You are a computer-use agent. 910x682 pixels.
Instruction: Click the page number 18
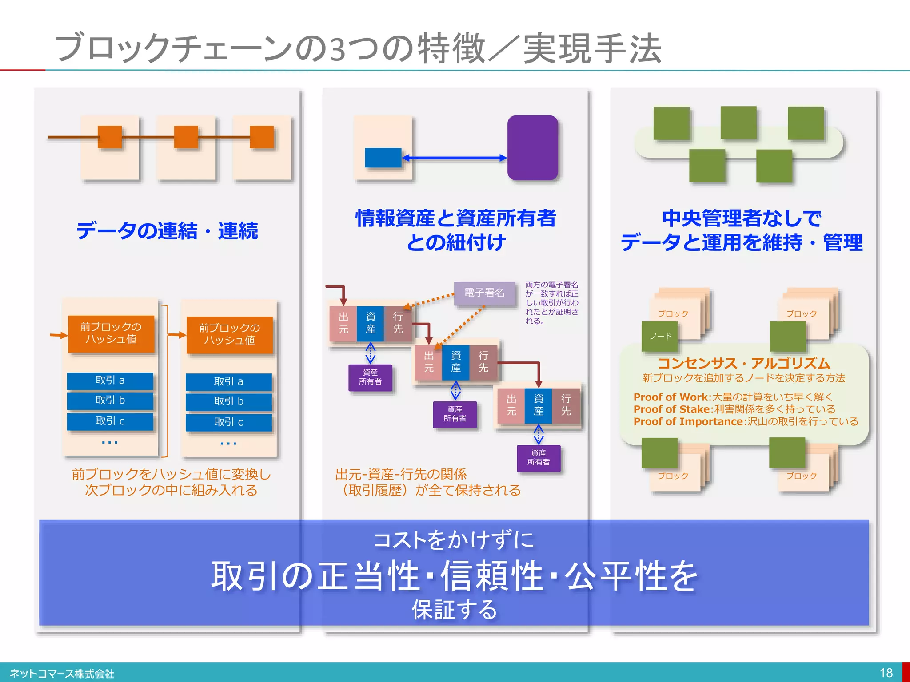pos(886,673)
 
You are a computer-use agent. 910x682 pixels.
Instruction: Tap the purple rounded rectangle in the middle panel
pos(532,148)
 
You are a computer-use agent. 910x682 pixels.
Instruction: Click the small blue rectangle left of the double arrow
pos(383,158)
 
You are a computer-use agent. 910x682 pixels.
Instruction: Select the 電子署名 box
pos(484,293)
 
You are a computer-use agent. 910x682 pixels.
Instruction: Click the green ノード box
pos(660,336)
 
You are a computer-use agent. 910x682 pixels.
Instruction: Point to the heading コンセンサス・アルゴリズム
pos(743,363)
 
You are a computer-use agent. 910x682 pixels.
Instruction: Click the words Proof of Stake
pos(671,409)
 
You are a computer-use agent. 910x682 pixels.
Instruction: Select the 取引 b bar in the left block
pos(110,400)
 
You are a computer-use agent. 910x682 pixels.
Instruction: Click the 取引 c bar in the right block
pos(228,422)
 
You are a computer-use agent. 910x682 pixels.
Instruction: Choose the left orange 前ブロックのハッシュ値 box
pos(111,333)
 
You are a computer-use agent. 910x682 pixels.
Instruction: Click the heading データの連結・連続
pos(167,231)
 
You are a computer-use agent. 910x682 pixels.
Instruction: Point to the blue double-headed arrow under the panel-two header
pos(454,158)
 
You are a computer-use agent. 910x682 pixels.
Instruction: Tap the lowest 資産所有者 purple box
pos(538,458)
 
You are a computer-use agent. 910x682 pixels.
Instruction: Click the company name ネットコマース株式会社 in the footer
pos(62,674)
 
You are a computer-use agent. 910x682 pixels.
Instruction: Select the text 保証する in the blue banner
pos(454,610)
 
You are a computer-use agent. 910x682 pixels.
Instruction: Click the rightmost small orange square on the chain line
pos(262,137)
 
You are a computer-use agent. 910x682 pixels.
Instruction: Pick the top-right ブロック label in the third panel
pos(801,314)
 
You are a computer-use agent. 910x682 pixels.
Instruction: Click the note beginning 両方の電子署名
pos(551,302)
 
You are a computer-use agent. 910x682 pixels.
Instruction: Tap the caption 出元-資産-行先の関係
pos(400,474)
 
